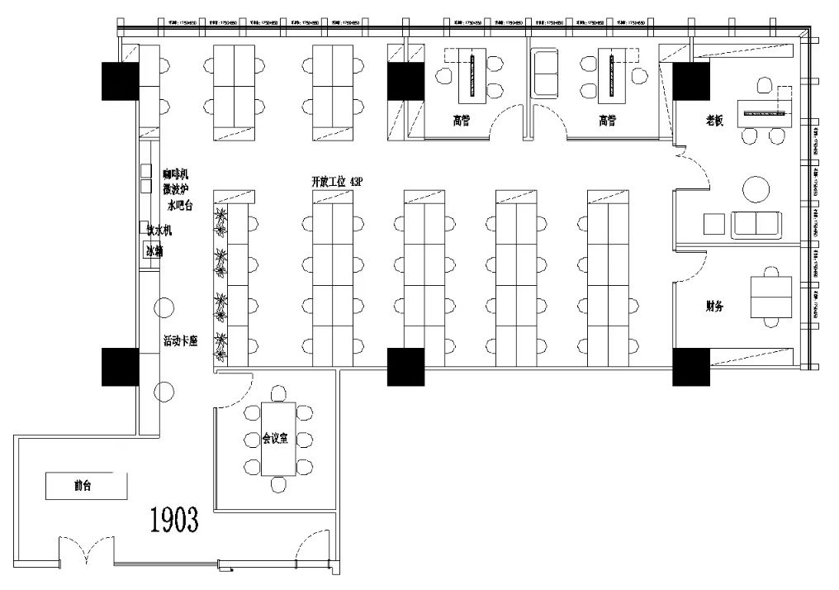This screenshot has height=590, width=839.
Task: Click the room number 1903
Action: coord(174,519)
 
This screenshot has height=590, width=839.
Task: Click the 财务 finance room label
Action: coord(715,306)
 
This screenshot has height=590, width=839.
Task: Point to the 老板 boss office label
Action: coord(715,121)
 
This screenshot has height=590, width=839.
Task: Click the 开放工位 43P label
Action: coord(336,180)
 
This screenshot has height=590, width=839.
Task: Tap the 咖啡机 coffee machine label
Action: coord(176,174)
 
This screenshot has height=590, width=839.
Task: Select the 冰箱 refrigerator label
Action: coord(154,251)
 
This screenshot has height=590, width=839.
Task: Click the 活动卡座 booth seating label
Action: coord(181,340)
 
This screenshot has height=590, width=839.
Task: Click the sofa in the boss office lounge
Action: coord(756,224)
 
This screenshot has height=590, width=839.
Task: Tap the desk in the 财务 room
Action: coord(770,297)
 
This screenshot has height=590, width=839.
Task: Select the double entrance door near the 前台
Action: coord(87,550)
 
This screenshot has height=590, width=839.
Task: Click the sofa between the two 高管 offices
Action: coord(547,73)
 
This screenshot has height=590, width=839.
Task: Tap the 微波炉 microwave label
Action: coord(176,189)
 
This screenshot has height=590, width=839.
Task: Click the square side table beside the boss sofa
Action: coord(713,224)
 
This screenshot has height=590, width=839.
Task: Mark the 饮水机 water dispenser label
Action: coord(158,231)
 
